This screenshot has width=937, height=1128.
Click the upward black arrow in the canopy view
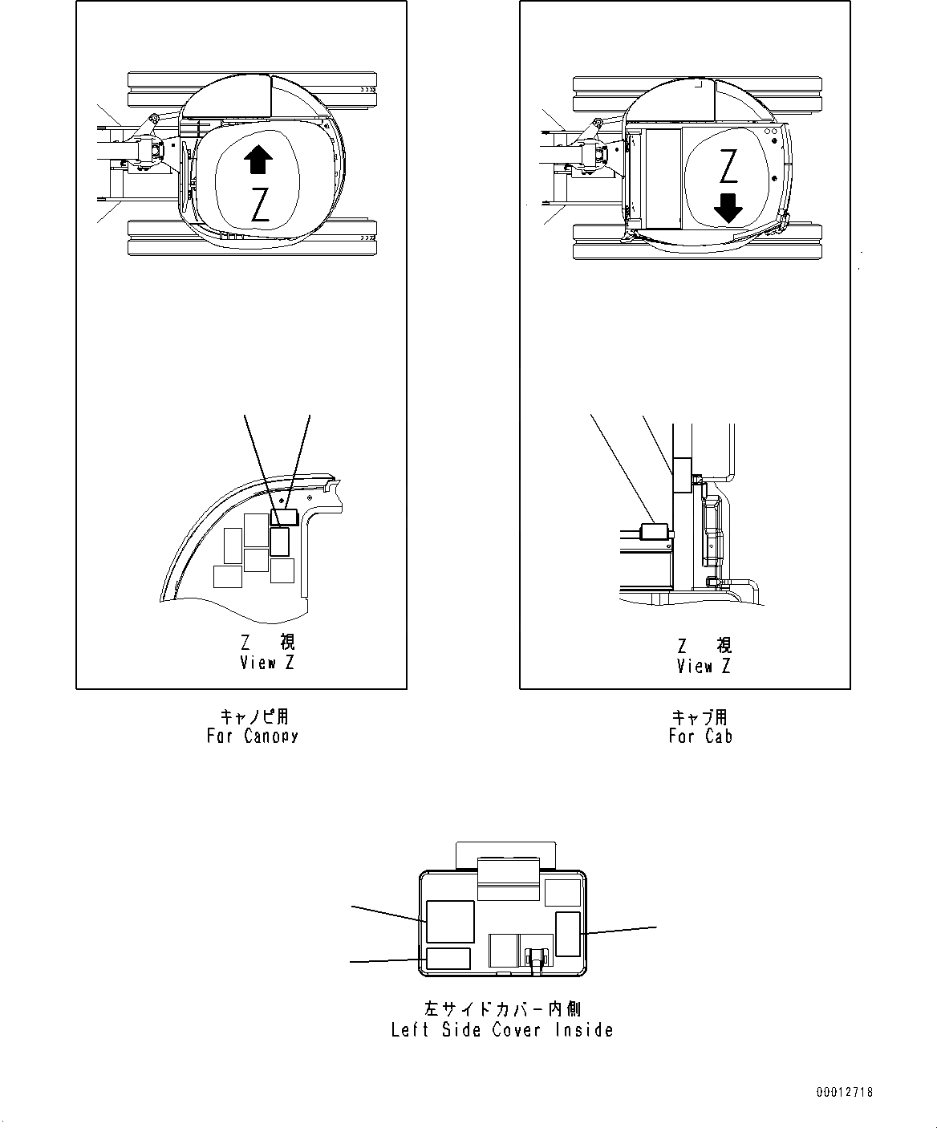point(257,160)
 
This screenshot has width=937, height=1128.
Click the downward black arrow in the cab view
point(728,208)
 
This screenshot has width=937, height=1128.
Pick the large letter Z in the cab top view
point(728,166)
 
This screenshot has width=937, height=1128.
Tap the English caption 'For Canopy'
point(252,736)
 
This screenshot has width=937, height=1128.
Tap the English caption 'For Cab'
point(700,736)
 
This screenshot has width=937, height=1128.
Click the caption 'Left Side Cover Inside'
point(502,1030)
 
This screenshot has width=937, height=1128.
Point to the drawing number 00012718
point(845,1092)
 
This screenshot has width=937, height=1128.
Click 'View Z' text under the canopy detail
point(268,663)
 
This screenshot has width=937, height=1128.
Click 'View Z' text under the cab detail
point(704,666)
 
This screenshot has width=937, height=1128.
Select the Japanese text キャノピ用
point(254,716)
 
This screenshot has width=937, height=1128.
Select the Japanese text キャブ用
point(700,716)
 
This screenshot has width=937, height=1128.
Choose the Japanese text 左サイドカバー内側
point(502,1008)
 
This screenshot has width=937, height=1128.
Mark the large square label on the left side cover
point(449,921)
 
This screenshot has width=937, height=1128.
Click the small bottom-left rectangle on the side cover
point(448,958)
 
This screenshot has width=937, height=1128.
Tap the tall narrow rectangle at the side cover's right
point(568,934)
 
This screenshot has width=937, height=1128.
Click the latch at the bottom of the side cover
point(536,959)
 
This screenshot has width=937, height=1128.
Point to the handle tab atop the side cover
point(505,855)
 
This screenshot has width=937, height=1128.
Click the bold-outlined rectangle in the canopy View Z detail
point(279,542)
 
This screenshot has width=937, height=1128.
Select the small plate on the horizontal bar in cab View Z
point(655,532)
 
